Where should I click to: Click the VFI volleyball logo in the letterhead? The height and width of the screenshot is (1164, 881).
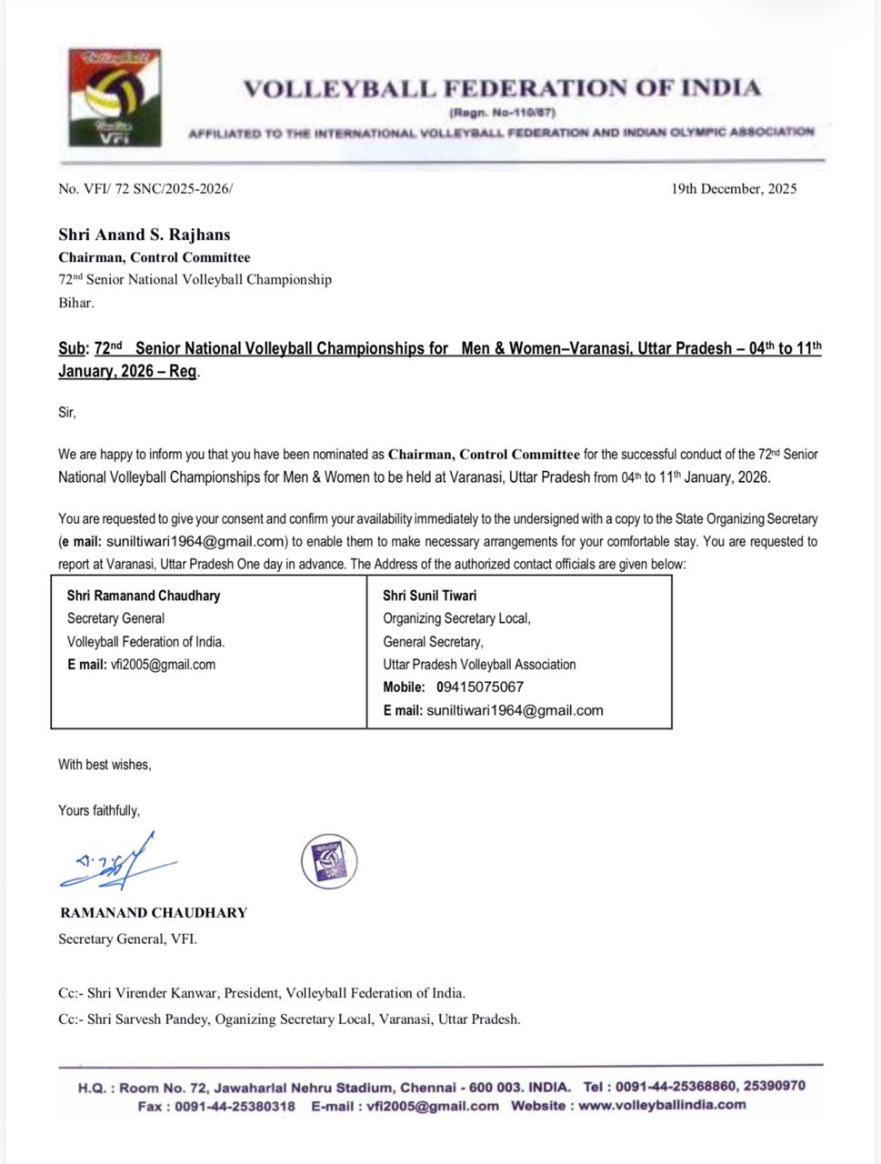click(x=115, y=97)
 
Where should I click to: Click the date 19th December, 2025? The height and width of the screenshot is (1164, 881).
click(x=734, y=189)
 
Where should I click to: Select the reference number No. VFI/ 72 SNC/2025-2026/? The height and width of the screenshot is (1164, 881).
click(x=145, y=189)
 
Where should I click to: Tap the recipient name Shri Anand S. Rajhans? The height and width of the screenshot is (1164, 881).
click(x=145, y=235)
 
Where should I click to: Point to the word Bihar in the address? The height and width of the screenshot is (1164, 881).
click(x=75, y=303)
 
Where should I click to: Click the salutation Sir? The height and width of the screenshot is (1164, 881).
click(x=67, y=412)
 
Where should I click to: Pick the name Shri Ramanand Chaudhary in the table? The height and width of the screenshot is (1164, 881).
click(x=144, y=596)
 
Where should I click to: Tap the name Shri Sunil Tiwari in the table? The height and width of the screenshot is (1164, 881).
click(x=429, y=596)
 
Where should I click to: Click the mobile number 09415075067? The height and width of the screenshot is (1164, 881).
click(x=480, y=687)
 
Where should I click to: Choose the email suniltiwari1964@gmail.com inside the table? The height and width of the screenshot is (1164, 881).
click(x=515, y=710)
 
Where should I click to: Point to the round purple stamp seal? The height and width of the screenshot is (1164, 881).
click(x=328, y=860)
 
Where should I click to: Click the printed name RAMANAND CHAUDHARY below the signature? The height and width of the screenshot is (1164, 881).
click(x=154, y=912)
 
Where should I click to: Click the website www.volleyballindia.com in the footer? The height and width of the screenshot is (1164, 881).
click(x=662, y=1106)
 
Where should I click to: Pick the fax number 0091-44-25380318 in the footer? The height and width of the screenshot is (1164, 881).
click(x=235, y=1106)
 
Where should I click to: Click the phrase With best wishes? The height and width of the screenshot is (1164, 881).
click(x=105, y=765)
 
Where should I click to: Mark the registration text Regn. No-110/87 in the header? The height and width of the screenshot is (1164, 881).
click(x=502, y=113)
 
